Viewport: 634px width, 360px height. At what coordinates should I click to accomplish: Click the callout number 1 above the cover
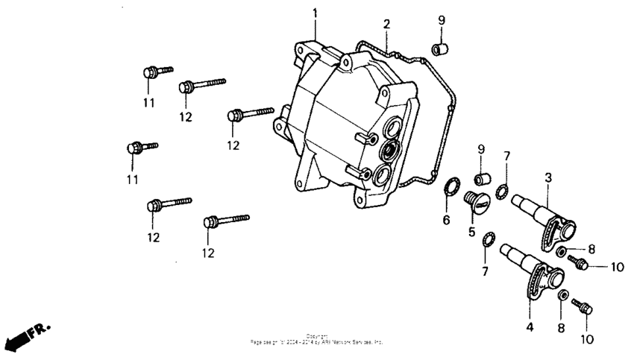[315, 13]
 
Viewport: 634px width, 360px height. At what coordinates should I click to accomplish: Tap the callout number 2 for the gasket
[386, 24]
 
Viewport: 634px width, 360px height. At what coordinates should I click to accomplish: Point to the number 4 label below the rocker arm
[529, 326]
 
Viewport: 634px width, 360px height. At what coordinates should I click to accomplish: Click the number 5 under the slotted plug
[471, 232]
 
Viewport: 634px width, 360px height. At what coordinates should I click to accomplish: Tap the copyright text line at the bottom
[317, 341]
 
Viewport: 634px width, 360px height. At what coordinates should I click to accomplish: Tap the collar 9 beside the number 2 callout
[439, 49]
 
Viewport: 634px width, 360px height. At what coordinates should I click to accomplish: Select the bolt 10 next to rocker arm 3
[578, 262]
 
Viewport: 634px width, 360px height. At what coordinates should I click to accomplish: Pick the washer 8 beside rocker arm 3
[561, 251]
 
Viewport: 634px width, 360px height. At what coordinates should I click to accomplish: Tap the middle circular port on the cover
[388, 151]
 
